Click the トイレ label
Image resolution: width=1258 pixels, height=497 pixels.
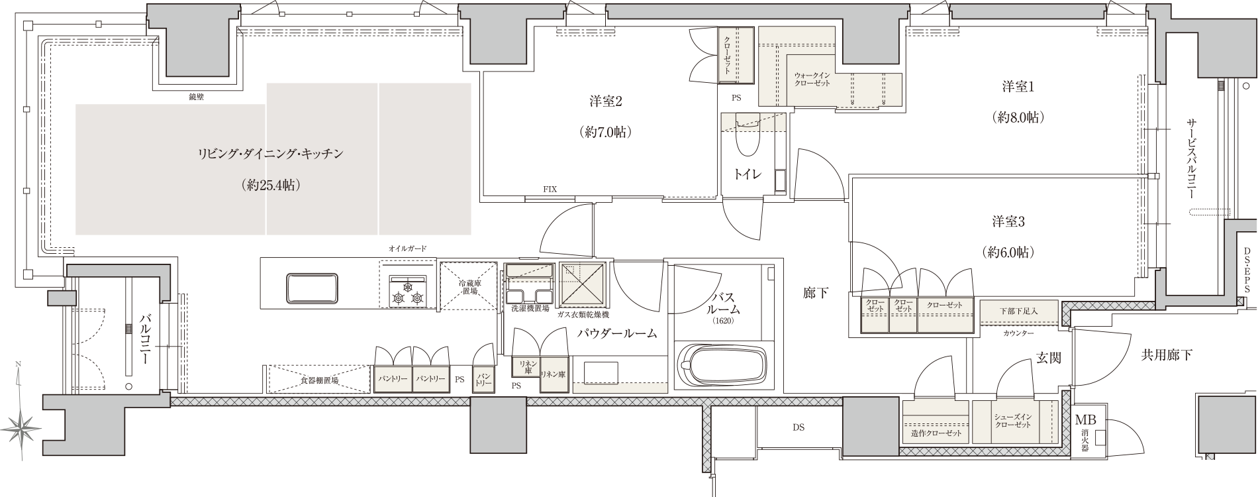[748, 174]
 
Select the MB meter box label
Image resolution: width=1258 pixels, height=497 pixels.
[1085, 420]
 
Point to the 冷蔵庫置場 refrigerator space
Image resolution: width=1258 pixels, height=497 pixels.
[468, 286]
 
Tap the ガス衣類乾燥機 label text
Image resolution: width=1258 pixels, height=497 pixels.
[583, 314]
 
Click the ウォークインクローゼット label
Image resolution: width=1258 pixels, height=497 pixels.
[812, 80]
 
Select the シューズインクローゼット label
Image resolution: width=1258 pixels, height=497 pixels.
[1013, 420]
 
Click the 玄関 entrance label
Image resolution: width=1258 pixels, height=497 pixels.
[1049, 358]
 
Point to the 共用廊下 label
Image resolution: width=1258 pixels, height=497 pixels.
[1167, 355]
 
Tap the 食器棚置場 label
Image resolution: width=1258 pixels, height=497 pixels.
[320, 380]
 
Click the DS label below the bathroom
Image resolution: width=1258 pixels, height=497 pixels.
[798, 427]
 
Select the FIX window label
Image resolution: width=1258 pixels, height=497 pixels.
[550, 190]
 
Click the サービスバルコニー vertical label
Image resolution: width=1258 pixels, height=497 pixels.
[1191, 160]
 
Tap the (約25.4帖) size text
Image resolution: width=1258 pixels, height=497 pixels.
[272, 186]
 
